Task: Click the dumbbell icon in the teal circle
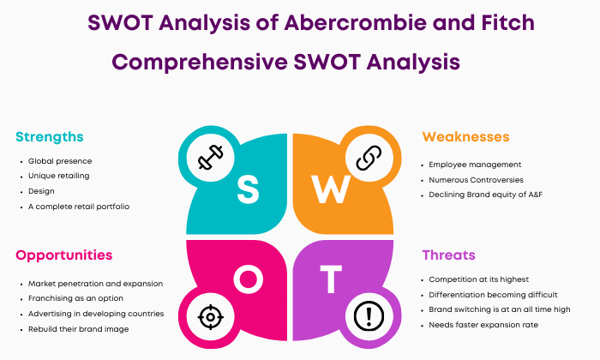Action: click(211, 157)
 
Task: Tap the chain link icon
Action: click(369, 158)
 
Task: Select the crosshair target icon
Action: click(211, 317)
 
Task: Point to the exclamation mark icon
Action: click(369, 316)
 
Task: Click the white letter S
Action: click(248, 189)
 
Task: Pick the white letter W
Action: click(331, 189)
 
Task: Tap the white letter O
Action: click(249, 279)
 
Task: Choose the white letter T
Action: click(331, 279)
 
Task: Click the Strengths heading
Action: click(50, 137)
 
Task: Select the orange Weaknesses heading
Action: click(465, 136)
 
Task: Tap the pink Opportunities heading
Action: click(64, 255)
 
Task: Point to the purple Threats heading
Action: click(448, 255)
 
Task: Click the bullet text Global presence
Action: click(60, 161)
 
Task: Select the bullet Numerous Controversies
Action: click(476, 180)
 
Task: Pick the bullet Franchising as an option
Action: click(75, 298)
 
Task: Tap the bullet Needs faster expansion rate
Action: click(483, 325)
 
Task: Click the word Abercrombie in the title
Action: click(355, 22)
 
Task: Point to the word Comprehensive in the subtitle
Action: click(200, 62)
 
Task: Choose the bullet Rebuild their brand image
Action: click(79, 329)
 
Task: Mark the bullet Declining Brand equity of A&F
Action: click(486, 195)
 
